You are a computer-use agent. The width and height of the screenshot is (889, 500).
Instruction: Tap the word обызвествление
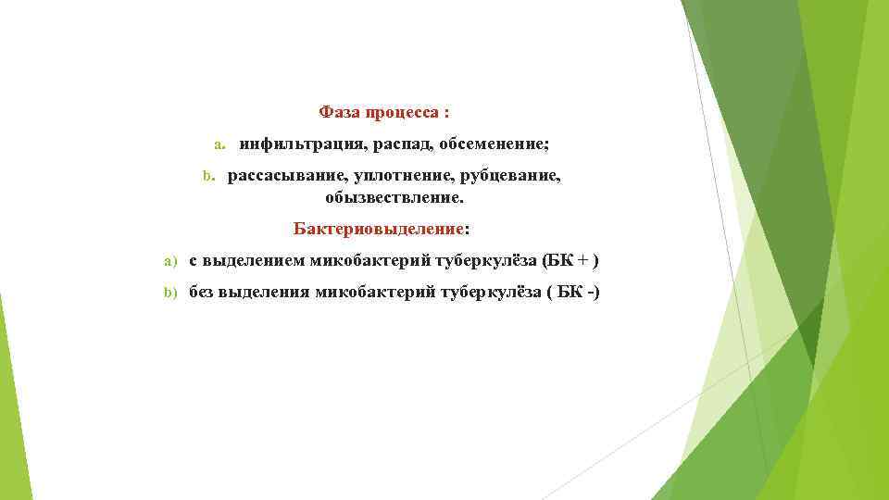click(x=394, y=198)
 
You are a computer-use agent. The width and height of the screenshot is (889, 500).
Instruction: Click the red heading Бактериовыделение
click(x=378, y=228)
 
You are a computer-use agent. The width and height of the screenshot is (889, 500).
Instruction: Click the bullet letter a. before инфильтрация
click(x=219, y=145)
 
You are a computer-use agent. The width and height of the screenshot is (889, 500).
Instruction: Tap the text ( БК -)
click(x=573, y=293)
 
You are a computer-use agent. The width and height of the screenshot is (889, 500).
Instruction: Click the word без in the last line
click(x=202, y=293)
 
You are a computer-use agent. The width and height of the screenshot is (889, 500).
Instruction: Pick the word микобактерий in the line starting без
click(x=374, y=293)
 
